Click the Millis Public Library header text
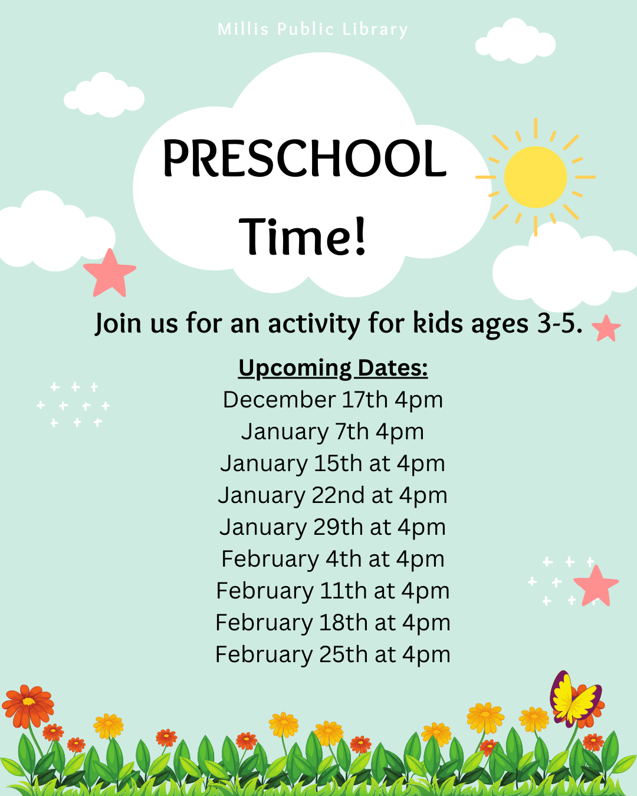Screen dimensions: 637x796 click(x=313, y=29)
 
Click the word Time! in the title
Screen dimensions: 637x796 click(x=303, y=236)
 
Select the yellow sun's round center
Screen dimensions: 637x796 click(x=535, y=177)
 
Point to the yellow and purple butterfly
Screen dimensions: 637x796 click(x=574, y=700)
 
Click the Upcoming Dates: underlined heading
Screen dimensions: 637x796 click(x=333, y=369)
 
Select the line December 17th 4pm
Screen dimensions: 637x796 click(x=333, y=400)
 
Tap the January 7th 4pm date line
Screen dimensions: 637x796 click(x=333, y=432)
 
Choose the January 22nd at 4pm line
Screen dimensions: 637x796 click(x=333, y=495)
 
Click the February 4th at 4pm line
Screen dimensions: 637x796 click(x=333, y=559)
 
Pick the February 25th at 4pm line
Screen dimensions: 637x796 click(x=333, y=654)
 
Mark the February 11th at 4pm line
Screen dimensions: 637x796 click(x=333, y=591)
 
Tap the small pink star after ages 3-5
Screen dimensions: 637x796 click(x=606, y=328)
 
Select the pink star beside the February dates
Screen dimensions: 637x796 click(x=596, y=587)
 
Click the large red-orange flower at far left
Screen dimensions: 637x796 click(x=28, y=706)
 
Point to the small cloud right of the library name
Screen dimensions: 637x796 click(x=515, y=41)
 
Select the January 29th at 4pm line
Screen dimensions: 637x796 click(x=333, y=527)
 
